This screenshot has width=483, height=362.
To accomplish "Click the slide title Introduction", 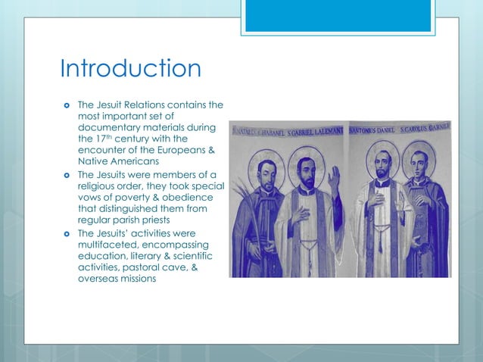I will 130,69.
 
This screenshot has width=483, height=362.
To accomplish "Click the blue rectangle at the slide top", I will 338,15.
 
